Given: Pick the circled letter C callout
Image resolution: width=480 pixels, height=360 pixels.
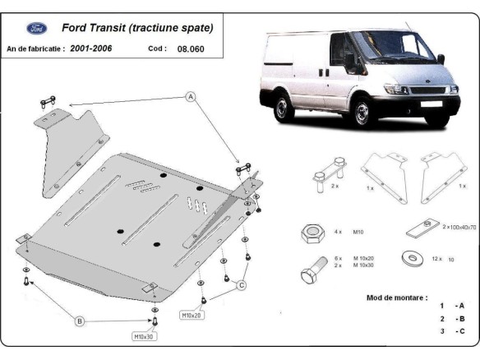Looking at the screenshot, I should pyautogui.click(x=241, y=285).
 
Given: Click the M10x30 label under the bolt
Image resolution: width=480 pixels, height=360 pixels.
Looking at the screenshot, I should pyautogui.click(x=145, y=336).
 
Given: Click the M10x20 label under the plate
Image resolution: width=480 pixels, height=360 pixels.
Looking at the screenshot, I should pyautogui.click(x=192, y=315).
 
